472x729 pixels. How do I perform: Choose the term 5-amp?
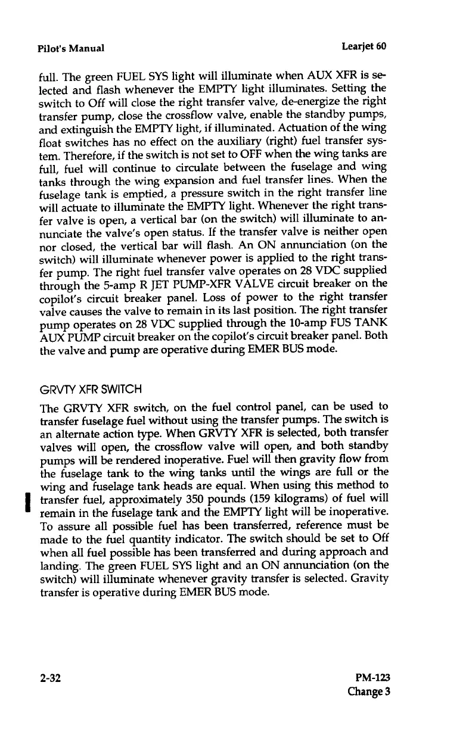[109, 280]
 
